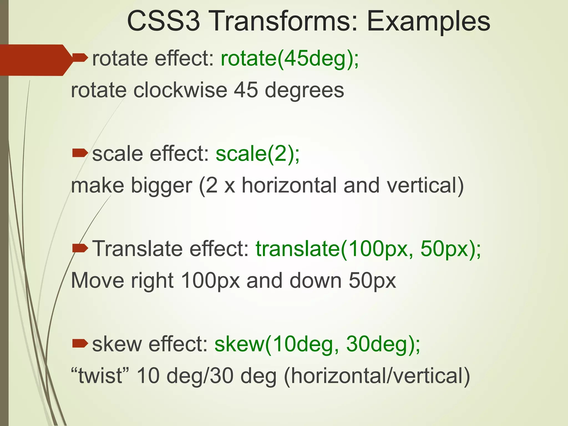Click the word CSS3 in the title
(x=163, y=21)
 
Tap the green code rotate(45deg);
(x=290, y=59)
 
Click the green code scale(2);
(x=258, y=154)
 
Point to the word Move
(x=97, y=281)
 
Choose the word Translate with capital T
(x=137, y=248)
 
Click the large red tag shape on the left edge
(x=33, y=60)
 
